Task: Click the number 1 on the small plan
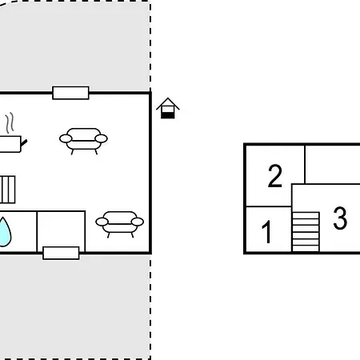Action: click(x=266, y=232)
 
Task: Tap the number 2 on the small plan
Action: click(x=275, y=176)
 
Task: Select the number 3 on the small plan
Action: click(x=340, y=218)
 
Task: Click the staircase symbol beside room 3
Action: click(x=306, y=232)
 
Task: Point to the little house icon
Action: click(x=168, y=108)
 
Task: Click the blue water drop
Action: click(x=4, y=232)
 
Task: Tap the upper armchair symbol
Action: click(x=83, y=141)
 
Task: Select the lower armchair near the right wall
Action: click(x=120, y=224)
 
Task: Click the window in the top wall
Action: click(x=70, y=93)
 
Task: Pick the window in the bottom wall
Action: click(x=61, y=253)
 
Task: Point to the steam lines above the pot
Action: click(x=10, y=123)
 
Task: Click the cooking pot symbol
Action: click(x=10, y=144)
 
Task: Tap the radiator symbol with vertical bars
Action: click(x=7, y=190)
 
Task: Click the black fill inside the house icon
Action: click(x=168, y=115)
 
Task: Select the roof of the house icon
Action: click(x=168, y=103)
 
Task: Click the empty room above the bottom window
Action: click(x=61, y=229)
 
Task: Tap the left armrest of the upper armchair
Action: click(x=66, y=138)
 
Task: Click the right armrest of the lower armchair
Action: click(x=138, y=222)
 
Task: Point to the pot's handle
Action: click(x=24, y=143)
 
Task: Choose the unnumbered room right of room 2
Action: click(x=332, y=164)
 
